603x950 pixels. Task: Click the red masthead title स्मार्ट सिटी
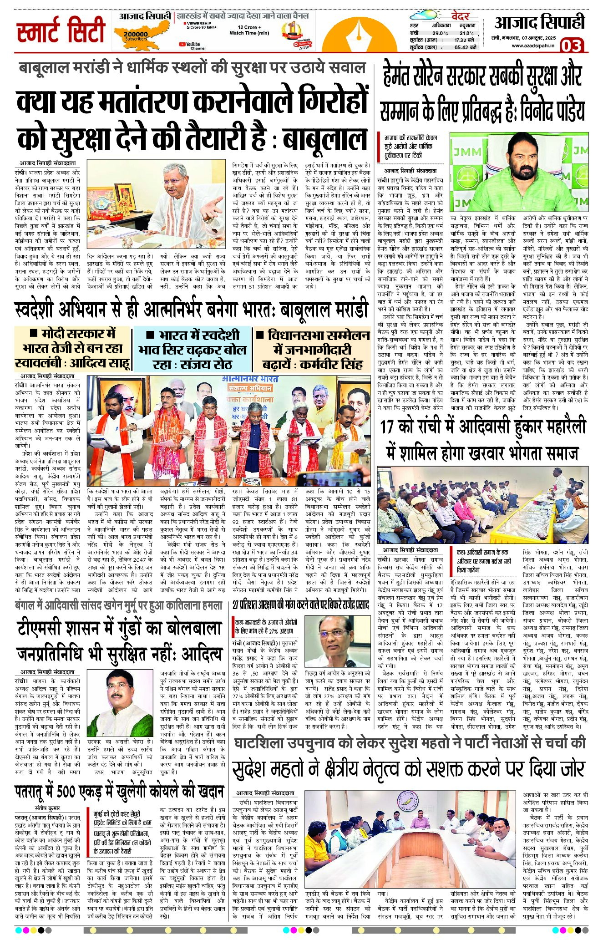pyautogui.click(x=61, y=31)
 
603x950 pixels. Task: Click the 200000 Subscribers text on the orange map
pyautogui.click(x=135, y=36)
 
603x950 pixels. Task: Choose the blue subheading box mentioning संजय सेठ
pyautogui.click(x=192, y=349)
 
